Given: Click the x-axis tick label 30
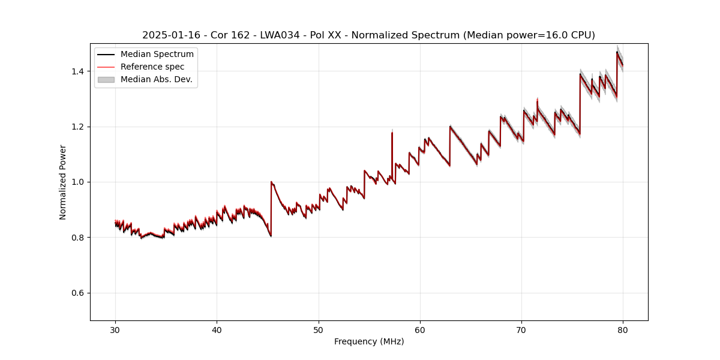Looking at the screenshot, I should click(x=115, y=329).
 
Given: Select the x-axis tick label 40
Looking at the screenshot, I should click(x=217, y=329).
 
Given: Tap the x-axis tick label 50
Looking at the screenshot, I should click(x=318, y=329).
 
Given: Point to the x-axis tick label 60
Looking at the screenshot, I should click(x=420, y=329).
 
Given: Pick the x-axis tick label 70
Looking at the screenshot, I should click(x=521, y=329).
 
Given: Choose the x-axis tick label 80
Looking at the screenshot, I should click(x=623, y=329).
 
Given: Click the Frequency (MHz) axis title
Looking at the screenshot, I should click(x=369, y=341).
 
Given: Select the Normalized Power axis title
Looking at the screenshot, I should click(x=63, y=182).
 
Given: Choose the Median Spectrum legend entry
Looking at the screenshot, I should click(x=157, y=55).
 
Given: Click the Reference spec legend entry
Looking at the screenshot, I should click(x=152, y=67).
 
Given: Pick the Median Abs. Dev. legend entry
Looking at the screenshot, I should click(x=156, y=79).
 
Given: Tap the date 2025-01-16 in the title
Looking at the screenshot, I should click(x=168, y=35).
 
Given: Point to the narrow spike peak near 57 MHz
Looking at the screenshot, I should click(x=392, y=133).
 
